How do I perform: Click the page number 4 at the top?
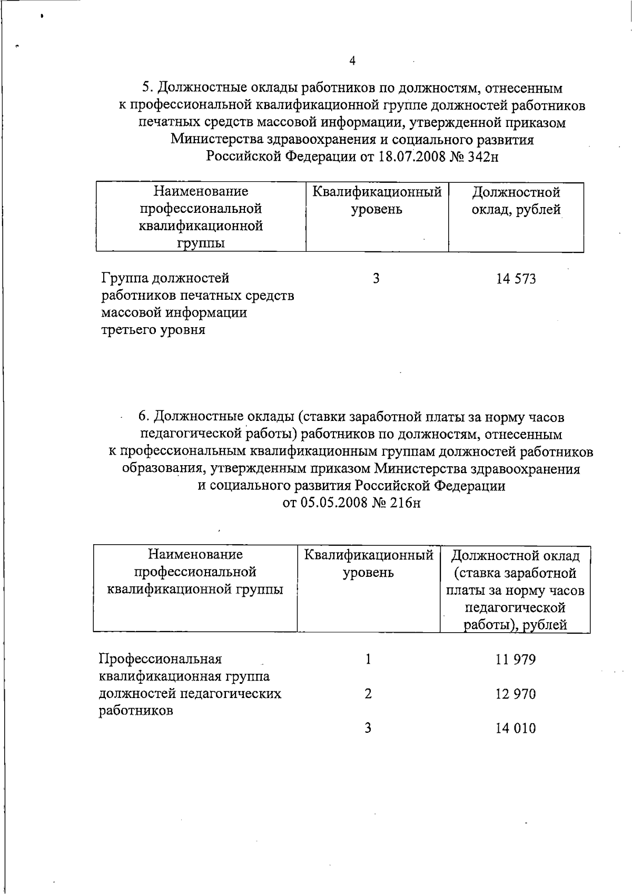pos(352,62)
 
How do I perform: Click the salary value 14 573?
pos(516,279)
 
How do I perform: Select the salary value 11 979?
pos(515,660)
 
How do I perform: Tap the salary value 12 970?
pos(515,694)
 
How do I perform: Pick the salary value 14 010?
pos(515,729)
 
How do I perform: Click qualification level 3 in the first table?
pos(376,279)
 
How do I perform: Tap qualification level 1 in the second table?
pos(368,659)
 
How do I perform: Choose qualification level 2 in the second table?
pos(368,694)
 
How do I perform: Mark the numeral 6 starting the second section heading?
pos(143,417)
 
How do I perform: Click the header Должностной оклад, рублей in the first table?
pos(516,201)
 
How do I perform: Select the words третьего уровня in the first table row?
pos(153,330)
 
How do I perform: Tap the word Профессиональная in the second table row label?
pos(160,659)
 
